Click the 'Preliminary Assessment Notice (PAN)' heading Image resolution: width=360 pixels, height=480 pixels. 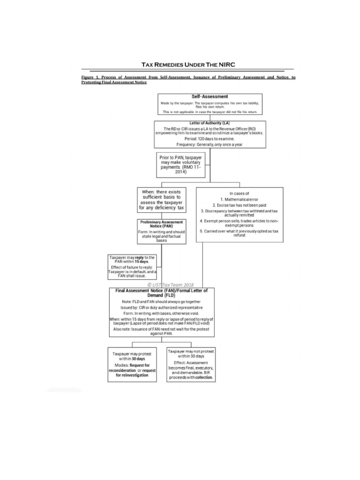161,223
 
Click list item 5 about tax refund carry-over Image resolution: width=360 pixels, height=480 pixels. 239,233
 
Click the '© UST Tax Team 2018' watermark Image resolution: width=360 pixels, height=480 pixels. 170,285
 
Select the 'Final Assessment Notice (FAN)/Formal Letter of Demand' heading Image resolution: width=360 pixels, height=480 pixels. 162,293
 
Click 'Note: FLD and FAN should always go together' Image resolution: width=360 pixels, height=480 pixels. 162,302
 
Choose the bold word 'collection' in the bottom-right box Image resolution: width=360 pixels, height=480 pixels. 203,377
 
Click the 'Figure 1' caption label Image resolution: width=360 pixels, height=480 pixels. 91,76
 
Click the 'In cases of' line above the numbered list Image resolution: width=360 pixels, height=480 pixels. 239,193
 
